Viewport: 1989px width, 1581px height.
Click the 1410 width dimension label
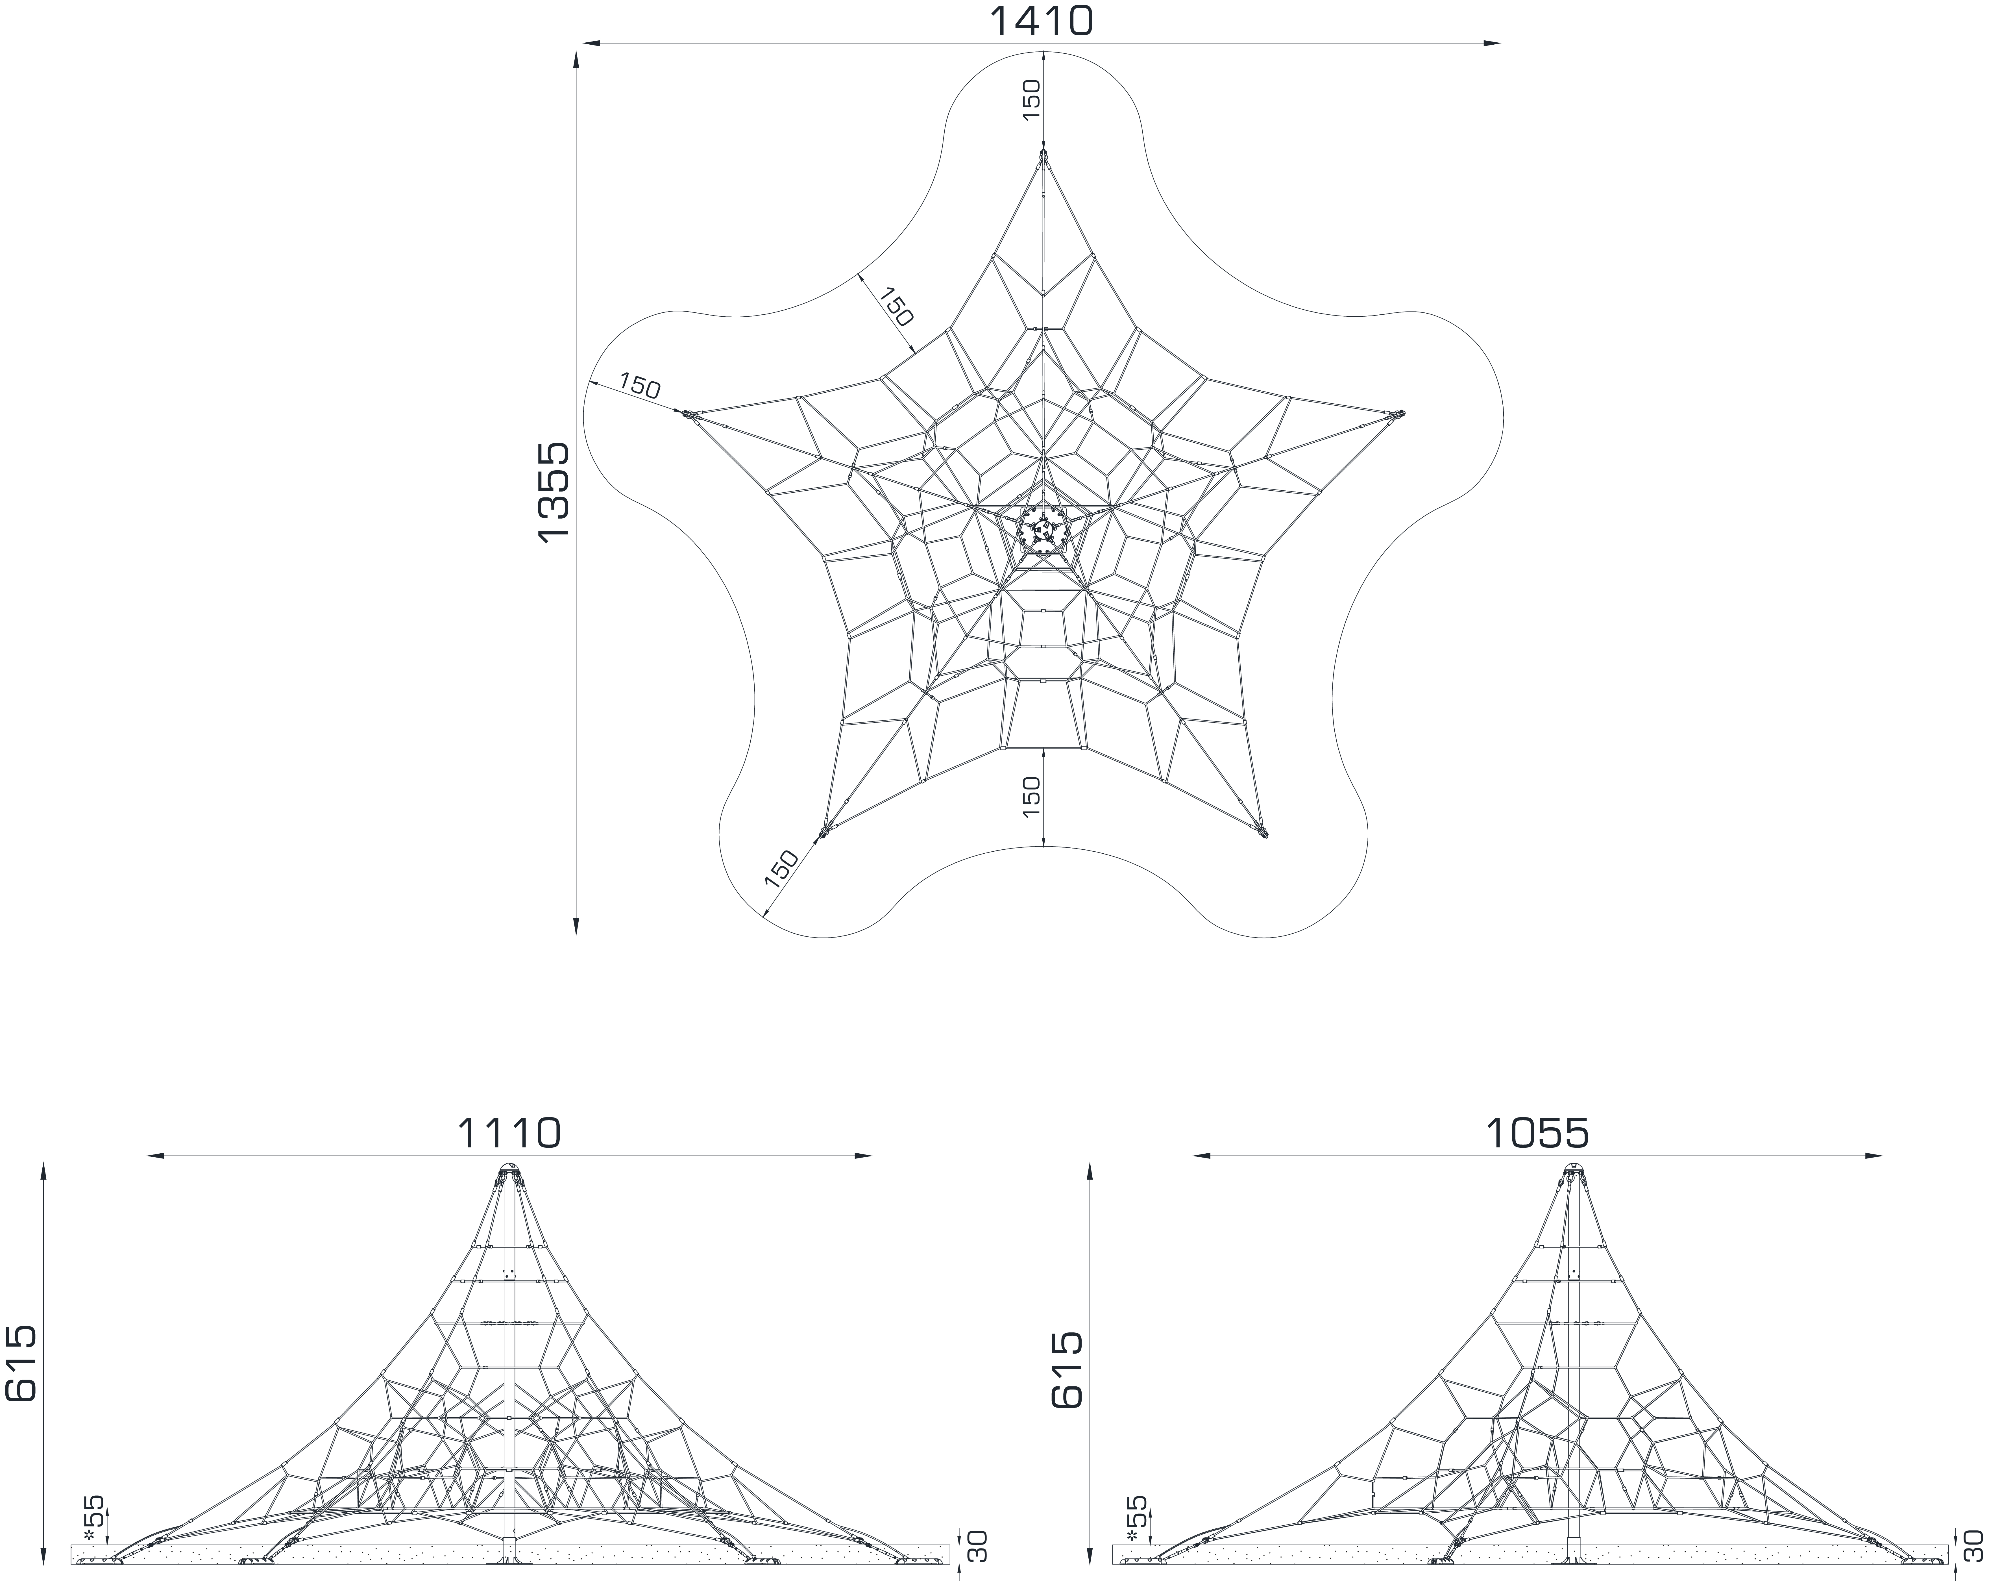tap(1042, 21)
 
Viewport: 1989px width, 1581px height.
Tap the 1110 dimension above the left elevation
tap(509, 1133)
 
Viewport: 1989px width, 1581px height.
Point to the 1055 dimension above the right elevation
tap(1537, 1133)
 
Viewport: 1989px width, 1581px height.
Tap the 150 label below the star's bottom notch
tap(1031, 795)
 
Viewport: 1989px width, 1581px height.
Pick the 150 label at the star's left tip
tap(639, 385)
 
